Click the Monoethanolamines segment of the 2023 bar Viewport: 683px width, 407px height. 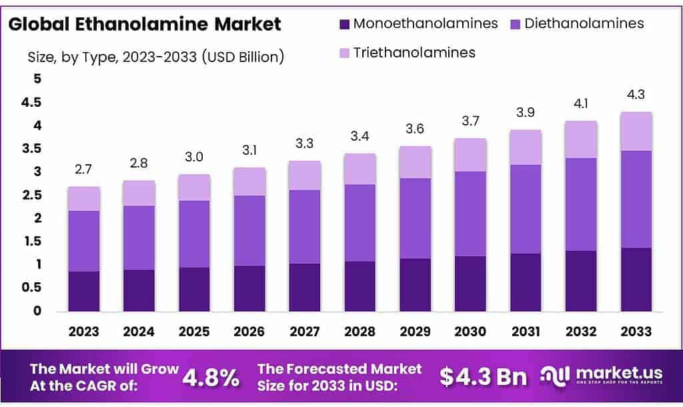(83, 291)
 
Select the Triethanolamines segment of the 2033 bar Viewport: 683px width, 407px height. (636, 131)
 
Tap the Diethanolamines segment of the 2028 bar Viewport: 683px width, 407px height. (360, 223)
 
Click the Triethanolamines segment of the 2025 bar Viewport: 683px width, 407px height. (194, 187)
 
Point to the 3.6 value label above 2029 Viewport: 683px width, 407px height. (415, 129)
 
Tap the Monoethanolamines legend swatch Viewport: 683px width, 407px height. (344, 24)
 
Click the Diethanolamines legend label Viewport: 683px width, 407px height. (584, 23)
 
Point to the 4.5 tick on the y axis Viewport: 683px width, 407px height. (32, 103)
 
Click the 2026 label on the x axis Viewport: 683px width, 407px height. (249, 332)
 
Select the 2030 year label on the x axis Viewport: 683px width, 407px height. (470, 332)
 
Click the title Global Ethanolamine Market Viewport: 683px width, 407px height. (144, 25)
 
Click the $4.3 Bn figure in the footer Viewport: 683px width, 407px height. (484, 377)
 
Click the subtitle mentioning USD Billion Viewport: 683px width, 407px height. (156, 57)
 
